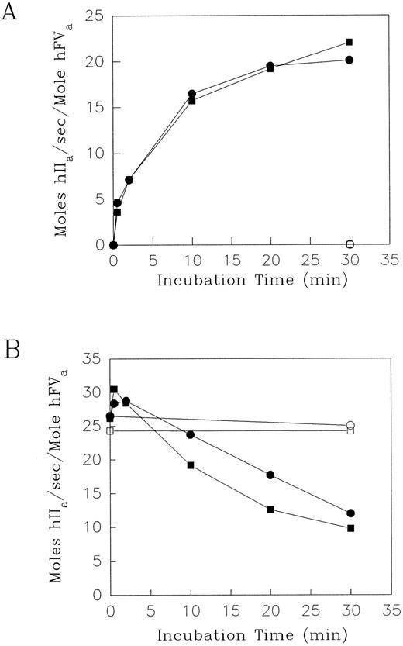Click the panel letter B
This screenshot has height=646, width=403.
click(12, 343)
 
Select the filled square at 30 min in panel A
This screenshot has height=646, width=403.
click(350, 42)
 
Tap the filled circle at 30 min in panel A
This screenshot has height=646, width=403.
click(350, 60)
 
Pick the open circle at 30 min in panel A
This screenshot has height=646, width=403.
click(350, 244)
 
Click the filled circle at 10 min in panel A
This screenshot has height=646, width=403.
click(191, 94)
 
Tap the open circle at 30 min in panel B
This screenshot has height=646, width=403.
click(350, 425)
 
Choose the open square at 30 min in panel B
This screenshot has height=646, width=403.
click(350, 430)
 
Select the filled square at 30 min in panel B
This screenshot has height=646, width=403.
click(350, 528)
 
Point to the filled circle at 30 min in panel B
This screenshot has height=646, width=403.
click(350, 513)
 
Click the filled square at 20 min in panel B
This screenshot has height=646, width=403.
click(270, 510)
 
